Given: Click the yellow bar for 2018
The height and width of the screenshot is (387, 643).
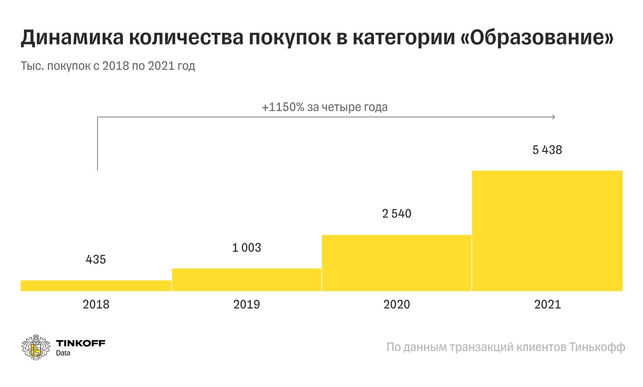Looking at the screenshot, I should point(96,285).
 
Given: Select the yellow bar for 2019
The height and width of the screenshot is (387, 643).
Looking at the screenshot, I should point(246,280).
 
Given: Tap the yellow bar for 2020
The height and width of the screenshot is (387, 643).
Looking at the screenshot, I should point(397,263).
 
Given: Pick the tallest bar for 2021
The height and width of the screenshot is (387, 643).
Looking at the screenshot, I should point(547,230).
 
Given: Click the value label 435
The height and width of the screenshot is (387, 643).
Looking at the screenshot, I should point(96,259).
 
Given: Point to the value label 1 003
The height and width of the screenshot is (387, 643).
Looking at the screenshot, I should point(246,247).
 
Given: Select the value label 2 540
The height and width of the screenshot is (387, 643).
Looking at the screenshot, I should point(397,214).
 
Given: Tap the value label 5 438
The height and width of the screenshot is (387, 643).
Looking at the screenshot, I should point(547,150).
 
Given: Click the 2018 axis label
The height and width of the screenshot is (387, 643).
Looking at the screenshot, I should point(96,304).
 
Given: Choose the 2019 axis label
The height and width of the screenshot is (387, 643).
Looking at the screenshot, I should point(246,304).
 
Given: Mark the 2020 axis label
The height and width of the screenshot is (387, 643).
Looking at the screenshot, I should point(397,304).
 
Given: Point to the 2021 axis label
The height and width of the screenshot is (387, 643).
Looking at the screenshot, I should point(547,304).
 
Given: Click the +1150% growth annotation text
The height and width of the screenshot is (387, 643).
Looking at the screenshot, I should point(324,107).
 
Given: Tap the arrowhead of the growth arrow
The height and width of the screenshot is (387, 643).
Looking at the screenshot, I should point(554,117).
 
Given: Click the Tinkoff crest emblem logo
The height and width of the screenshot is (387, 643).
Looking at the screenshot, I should point(36,347).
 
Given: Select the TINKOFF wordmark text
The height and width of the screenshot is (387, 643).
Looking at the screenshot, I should point(80,343).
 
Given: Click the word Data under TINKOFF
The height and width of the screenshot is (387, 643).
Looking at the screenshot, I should point(63,353).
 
